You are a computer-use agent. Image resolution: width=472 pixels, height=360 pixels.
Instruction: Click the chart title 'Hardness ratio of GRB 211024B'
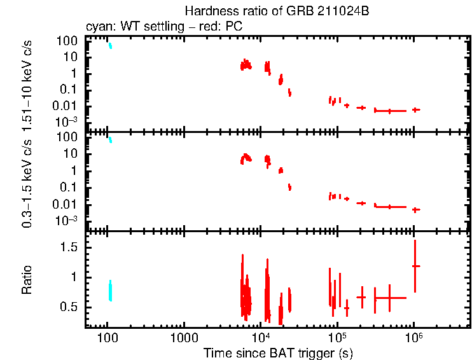[277, 11]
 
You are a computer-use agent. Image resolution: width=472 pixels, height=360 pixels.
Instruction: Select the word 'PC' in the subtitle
[234, 26]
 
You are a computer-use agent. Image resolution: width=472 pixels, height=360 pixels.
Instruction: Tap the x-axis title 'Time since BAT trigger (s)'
[278, 353]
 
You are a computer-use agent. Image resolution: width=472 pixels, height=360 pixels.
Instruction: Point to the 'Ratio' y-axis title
[27, 280]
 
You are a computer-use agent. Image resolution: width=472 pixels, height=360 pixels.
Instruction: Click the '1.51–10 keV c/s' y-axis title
[27, 86]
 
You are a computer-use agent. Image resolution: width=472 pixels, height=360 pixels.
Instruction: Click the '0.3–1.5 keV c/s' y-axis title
[27, 184]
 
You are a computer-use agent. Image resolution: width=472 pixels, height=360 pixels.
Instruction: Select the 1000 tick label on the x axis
[184, 338]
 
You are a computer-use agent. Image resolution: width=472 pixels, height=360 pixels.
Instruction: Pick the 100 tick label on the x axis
[107, 338]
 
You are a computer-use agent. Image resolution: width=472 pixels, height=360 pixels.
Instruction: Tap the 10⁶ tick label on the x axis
[413, 338]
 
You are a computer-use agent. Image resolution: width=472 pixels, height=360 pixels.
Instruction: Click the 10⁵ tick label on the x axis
[337, 338]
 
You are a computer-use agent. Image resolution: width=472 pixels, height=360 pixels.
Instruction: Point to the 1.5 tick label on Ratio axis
[69, 247]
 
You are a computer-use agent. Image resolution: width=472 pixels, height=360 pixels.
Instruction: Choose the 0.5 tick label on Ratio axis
[69, 307]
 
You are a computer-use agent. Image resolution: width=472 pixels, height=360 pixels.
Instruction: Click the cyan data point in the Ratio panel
[111, 291]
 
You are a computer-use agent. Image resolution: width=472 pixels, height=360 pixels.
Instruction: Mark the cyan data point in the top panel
[110, 46]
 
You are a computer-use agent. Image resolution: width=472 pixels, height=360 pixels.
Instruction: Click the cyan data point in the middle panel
[110, 140]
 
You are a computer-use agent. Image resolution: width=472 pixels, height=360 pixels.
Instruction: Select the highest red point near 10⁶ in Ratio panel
[415, 266]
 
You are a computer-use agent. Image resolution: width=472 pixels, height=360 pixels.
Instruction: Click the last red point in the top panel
[416, 110]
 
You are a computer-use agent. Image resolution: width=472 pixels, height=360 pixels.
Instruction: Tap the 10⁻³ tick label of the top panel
[67, 122]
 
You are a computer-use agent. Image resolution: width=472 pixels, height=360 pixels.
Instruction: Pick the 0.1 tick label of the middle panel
[69, 188]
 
